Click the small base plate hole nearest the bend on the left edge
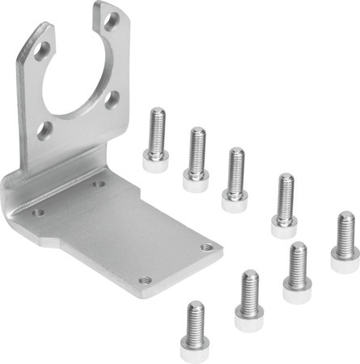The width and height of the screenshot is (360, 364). coord(37,212)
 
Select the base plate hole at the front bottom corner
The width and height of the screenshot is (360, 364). coord(144,280)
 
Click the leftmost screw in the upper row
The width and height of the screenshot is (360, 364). coord(156,141)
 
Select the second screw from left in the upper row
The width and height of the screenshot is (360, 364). coord(196,158)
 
